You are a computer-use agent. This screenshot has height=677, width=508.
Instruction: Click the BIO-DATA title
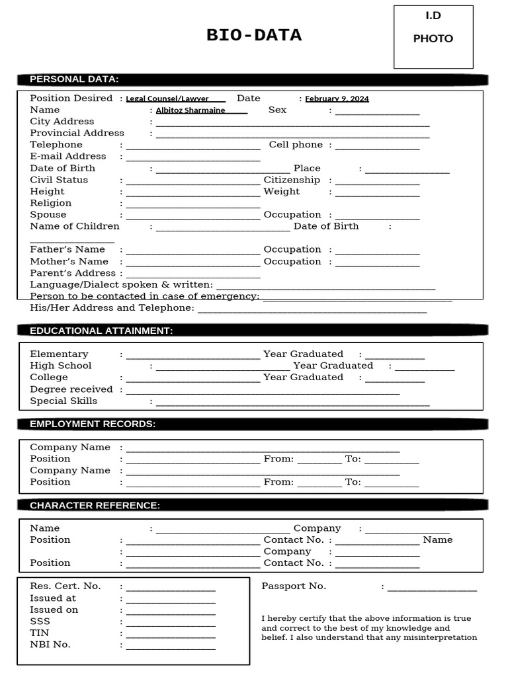coord(254,36)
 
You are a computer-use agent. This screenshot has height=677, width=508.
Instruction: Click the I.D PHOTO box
coord(433,37)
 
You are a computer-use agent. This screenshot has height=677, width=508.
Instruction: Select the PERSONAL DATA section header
coord(74,79)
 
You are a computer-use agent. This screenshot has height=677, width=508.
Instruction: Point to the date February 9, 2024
coord(337,99)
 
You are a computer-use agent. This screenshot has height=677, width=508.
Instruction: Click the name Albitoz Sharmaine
coord(190,110)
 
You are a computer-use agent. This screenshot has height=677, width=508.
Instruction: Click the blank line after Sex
coord(377,112)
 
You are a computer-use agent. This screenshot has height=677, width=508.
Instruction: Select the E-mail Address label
coord(68,157)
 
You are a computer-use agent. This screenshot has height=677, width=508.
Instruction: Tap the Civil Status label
coord(59,180)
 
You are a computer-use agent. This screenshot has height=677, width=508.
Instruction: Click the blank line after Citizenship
coord(377,182)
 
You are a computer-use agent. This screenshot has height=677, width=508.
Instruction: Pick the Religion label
coord(51,203)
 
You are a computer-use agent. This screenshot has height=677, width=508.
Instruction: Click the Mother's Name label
coord(69,261)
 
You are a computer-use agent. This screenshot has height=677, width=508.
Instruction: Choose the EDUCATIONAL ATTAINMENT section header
coord(101,331)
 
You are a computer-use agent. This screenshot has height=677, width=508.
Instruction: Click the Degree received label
coord(71,389)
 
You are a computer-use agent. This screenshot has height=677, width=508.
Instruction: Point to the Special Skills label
coord(63,401)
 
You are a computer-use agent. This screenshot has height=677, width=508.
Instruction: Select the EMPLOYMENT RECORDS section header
coord(93,424)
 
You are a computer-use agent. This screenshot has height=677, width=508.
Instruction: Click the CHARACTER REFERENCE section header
coord(95,506)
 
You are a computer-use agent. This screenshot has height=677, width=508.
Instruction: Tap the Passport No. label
coord(294,586)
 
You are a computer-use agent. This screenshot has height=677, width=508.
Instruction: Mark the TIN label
coord(40,633)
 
